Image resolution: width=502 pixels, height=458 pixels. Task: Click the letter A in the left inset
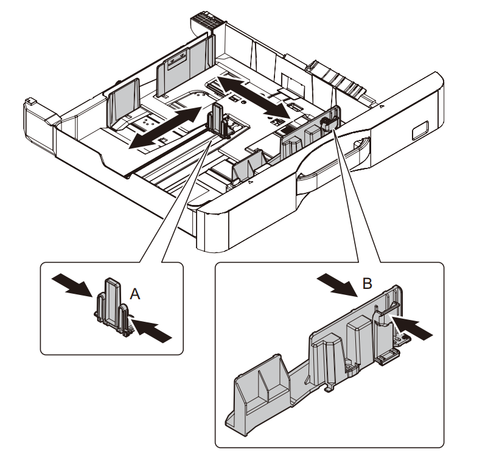[136, 294]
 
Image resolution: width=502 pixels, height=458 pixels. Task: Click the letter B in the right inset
[367, 283]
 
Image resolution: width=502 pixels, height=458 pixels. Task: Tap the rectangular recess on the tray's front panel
[419, 130]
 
